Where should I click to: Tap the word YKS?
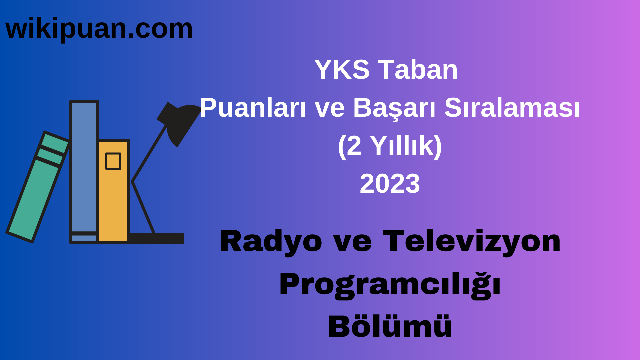click(x=342, y=70)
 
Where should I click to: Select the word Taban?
click(x=418, y=70)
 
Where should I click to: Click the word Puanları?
click(x=253, y=108)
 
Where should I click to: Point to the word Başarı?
click(x=394, y=108)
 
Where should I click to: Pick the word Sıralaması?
click(x=512, y=108)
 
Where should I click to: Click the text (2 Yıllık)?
click(x=390, y=146)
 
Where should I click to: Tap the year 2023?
click(x=390, y=184)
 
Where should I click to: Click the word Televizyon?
click(x=472, y=241)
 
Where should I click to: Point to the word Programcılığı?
click(x=390, y=284)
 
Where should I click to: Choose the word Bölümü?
click(x=390, y=327)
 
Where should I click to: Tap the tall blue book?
click(x=84, y=167)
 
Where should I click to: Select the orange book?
click(x=113, y=200)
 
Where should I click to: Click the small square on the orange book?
click(x=113, y=161)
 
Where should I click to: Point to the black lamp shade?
click(x=182, y=122)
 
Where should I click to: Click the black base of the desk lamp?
click(x=157, y=238)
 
